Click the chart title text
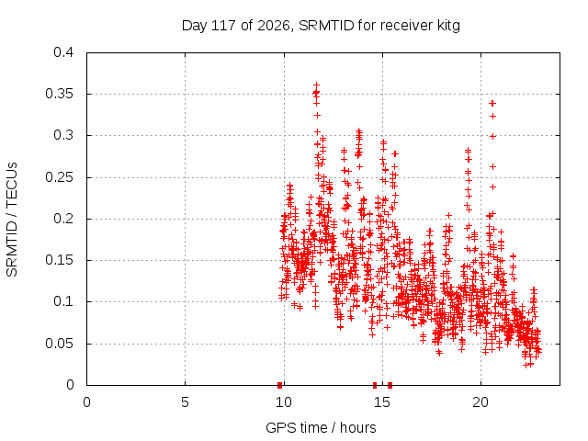[x=321, y=26]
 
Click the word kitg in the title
[x=448, y=26]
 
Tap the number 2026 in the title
[x=274, y=26]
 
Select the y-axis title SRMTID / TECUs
[x=12, y=220]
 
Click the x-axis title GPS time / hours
[x=321, y=427]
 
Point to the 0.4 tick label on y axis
[x=63, y=52]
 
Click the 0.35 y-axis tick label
[x=60, y=94]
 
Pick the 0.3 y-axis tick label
[x=63, y=135]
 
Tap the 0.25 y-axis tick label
[x=60, y=177]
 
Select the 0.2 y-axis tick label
[x=63, y=219]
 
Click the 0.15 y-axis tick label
[x=60, y=260]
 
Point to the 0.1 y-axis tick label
[x=63, y=301]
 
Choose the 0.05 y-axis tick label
[x=60, y=344]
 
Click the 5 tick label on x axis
[x=185, y=402]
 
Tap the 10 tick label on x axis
[x=284, y=402]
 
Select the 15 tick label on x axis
[x=382, y=402]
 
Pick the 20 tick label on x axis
[x=481, y=402]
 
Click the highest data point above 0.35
[x=316, y=85]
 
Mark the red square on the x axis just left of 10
[x=279, y=385]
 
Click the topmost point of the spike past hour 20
[x=492, y=103]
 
